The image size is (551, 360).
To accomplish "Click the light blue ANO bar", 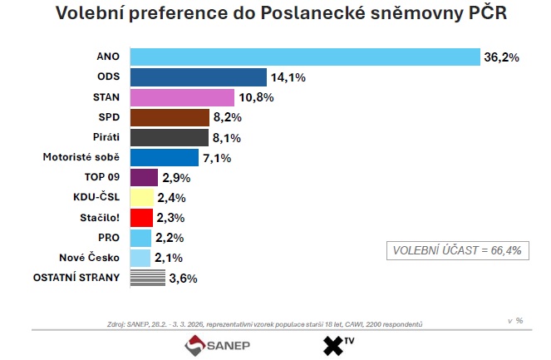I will coord(304,57).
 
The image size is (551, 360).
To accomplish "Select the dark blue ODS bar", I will coord(198,77).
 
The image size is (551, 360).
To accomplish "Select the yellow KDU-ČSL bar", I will coord(141,198).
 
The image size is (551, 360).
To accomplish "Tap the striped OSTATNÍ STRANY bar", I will coord(147,279).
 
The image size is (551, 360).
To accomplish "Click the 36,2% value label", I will coord(502,57).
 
